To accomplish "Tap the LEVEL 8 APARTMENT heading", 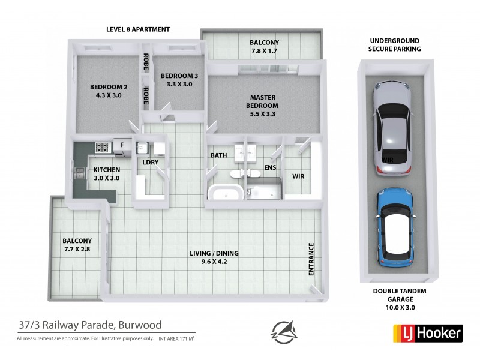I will pyautogui.click(x=138, y=29).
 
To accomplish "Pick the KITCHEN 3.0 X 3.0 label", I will pyautogui.click(x=106, y=174).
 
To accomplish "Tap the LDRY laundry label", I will pyautogui.click(x=149, y=163).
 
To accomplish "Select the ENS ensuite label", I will pyautogui.click(x=270, y=167).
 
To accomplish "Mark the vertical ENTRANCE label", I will pyautogui.click(x=311, y=259).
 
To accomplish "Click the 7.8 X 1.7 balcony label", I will pyautogui.click(x=264, y=47).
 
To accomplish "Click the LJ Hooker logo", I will pyautogui.click(x=427, y=332).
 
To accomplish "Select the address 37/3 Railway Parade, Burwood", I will pyautogui.click(x=89, y=325).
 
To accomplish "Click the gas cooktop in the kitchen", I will pyautogui.click(x=102, y=146).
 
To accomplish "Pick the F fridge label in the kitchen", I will pyautogui.click(x=122, y=145).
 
